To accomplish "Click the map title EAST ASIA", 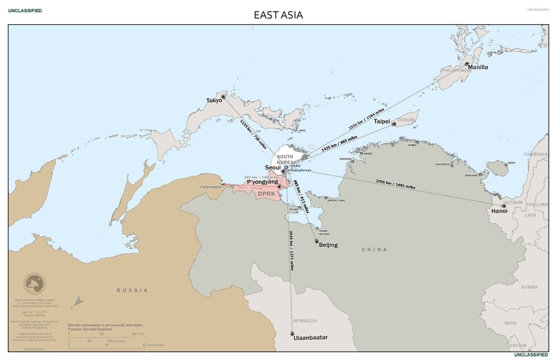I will pyautogui.click(x=278, y=15).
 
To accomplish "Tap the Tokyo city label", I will pyautogui.click(x=214, y=100).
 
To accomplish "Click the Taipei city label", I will pyautogui.click(x=382, y=121).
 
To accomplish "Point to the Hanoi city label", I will pyautogui.click(x=499, y=211).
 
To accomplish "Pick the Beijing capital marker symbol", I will pyautogui.click(x=317, y=241).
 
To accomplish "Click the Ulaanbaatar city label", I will pyautogui.click(x=311, y=338).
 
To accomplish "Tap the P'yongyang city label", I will pyautogui.click(x=262, y=182).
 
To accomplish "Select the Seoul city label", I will pyautogui.click(x=273, y=167).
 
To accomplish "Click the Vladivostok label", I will pyautogui.click(x=210, y=186).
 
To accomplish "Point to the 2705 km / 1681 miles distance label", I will pyautogui.click(x=395, y=184).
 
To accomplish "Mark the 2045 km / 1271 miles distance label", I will pyautogui.click(x=291, y=251).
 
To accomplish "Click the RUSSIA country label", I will pyautogui.click(x=132, y=290).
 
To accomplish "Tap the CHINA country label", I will pyautogui.click(x=374, y=250).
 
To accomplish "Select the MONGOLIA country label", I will pyautogui.click(x=305, y=321).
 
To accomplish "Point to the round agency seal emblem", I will pyautogui.click(x=35, y=284).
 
